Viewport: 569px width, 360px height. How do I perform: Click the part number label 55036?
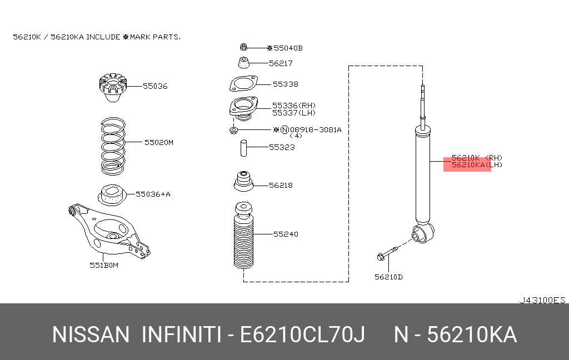point(155,86)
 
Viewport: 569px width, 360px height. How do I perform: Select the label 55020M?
point(159,142)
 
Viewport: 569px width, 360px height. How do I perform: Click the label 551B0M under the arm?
point(105,265)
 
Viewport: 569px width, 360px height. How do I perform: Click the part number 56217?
point(281,63)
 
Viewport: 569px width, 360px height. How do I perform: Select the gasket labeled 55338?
point(243,84)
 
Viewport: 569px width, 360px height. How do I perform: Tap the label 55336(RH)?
point(294,105)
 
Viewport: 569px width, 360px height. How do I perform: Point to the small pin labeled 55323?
point(243,148)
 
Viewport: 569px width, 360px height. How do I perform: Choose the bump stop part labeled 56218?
point(242,183)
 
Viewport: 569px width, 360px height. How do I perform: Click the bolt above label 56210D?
point(387,254)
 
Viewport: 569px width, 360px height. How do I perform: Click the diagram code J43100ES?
point(542,300)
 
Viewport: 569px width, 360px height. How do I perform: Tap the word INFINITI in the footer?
point(181,335)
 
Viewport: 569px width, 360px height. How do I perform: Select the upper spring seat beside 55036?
point(112,88)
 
